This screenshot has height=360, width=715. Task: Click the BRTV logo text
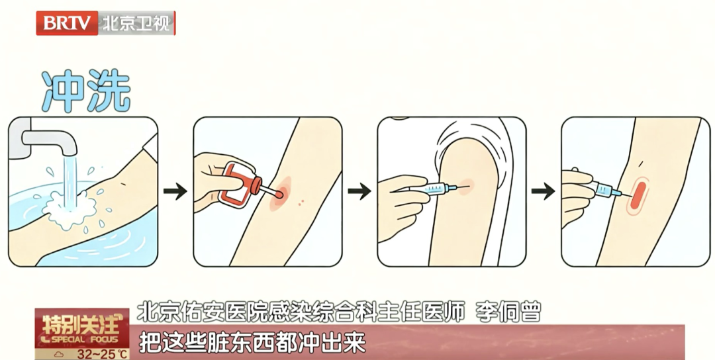pyautogui.click(x=67, y=22)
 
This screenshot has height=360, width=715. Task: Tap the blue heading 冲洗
pyautogui.click(x=86, y=90)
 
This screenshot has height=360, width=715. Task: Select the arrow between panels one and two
pyautogui.click(x=175, y=191)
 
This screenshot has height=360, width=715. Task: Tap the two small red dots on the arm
pyautogui.click(x=301, y=201)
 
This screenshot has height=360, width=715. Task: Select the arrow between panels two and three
pyautogui.click(x=359, y=191)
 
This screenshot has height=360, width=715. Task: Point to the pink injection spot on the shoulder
pyautogui.click(x=465, y=187)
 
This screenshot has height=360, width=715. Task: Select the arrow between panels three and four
pyautogui.click(x=543, y=191)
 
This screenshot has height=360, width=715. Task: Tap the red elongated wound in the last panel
pyautogui.click(x=638, y=196)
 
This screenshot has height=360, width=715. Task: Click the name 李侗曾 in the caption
pyautogui.click(x=508, y=312)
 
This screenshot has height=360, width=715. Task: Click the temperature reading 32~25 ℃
pyautogui.click(x=103, y=354)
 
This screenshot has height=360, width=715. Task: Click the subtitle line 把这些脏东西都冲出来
pyautogui.click(x=252, y=342)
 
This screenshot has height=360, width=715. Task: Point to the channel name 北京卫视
pyautogui.click(x=136, y=23)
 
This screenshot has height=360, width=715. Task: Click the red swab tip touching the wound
pyautogui.click(x=279, y=195)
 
